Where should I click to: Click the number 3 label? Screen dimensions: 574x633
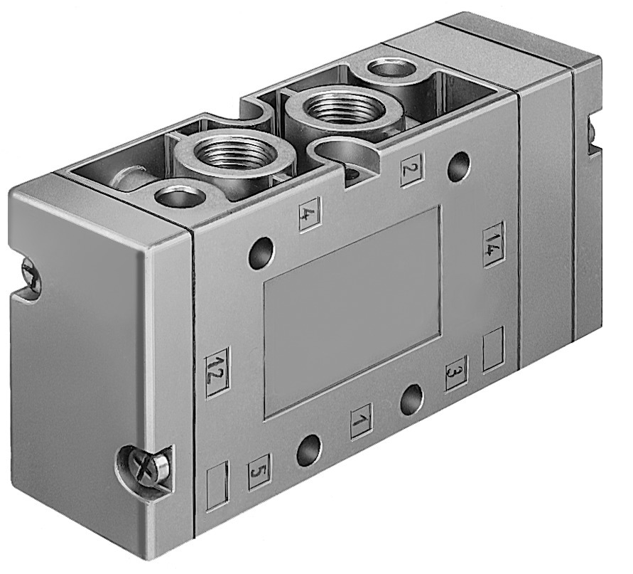(456, 372)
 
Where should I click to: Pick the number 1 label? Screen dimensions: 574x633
(362, 421)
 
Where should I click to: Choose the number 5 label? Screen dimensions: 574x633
(259, 471)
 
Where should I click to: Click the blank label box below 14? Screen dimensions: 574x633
(493, 349)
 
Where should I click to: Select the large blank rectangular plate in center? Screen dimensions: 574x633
(352, 311)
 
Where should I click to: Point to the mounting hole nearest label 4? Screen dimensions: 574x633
(261, 253)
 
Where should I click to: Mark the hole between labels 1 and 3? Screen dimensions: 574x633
(411, 400)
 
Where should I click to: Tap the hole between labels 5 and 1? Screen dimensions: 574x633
(308, 450)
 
